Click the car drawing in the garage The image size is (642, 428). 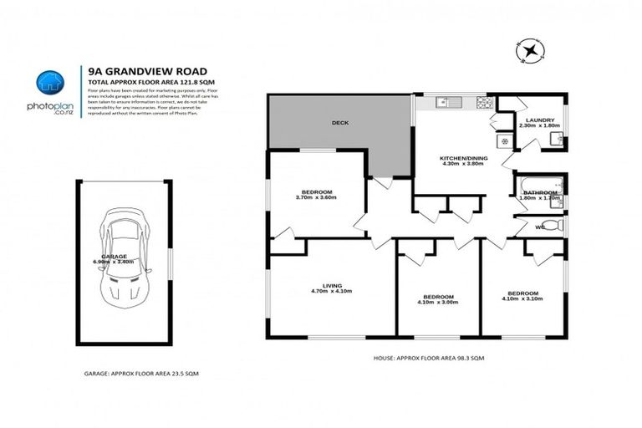(x=123, y=254)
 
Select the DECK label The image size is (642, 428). (x=339, y=123)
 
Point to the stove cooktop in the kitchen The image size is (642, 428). (x=482, y=104)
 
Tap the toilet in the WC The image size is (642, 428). (x=557, y=226)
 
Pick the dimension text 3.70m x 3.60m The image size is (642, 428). (x=316, y=198)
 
